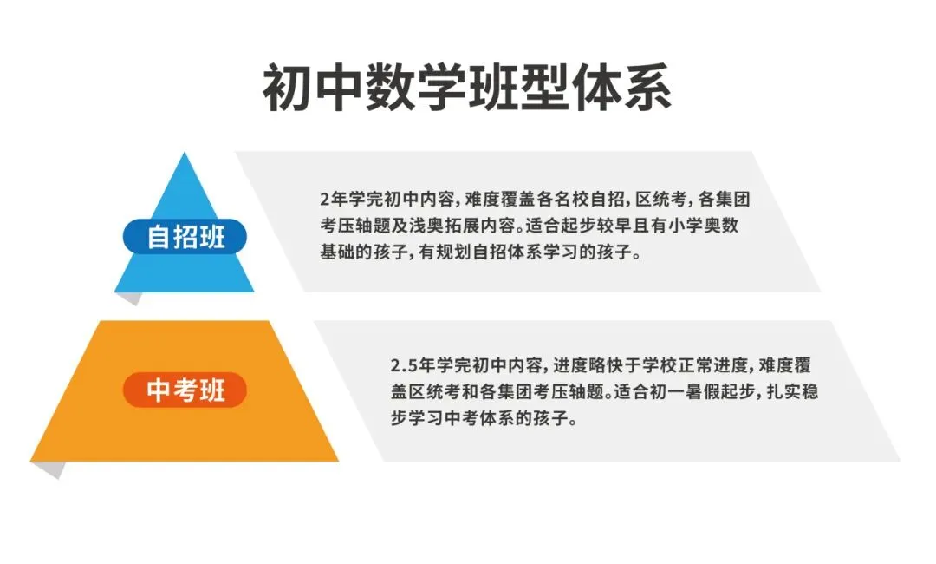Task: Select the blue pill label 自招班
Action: (x=185, y=236)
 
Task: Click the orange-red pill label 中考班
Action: (x=185, y=390)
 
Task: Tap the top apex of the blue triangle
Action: (x=185, y=154)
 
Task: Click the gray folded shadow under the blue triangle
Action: (x=130, y=298)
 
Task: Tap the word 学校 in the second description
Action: (x=659, y=364)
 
